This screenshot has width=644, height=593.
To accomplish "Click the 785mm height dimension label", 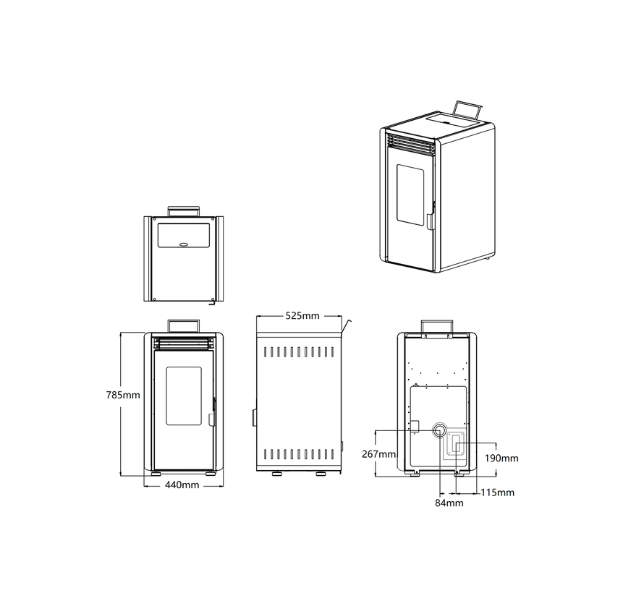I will [x=122, y=395].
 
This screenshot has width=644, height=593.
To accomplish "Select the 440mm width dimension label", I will [x=182, y=485].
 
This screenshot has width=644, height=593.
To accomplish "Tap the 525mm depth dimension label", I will [x=302, y=316].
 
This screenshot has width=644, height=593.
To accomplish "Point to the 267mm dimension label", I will [x=378, y=454].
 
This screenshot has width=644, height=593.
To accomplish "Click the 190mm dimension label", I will [x=501, y=458].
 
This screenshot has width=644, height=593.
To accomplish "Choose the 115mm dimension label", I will [x=497, y=492].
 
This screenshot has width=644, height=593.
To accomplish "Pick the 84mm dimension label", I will [x=449, y=503].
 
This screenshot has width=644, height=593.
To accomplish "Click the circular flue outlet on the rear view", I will [x=440, y=430].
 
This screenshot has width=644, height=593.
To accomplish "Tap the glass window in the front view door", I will [x=184, y=396].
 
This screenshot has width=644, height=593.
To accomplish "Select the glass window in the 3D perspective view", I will [x=410, y=195].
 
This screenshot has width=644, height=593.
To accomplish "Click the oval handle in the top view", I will [x=185, y=244].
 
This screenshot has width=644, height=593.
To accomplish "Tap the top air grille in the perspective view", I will [x=411, y=145].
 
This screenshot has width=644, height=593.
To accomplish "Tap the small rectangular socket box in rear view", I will [x=414, y=426].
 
